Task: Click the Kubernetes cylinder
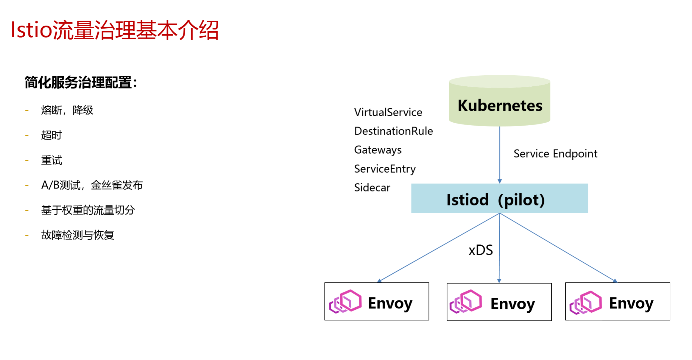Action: [x=500, y=101]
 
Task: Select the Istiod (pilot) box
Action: [x=500, y=198]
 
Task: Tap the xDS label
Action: [x=481, y=250]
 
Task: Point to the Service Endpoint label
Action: [x=555, y=154]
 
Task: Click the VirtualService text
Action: [x=388, y=112]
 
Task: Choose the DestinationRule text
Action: [x=394, y=131]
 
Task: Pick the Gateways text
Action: [x=378, y=150]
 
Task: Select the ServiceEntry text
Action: [x=385, y=169]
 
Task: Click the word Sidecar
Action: [x=372, y=188]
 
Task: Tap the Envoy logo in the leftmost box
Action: [x=345, y=301]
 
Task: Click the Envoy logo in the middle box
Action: [x=466, y=302]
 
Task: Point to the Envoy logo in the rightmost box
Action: [x=586, y=302]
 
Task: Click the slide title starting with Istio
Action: [x=115, y=30]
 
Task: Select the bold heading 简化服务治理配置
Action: [x=81, y=82]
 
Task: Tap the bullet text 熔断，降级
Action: [x=67, y=110]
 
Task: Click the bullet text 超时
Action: [x=52, y=135]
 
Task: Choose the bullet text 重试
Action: [x=52, y=160]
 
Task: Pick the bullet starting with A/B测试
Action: [x=92, y=185]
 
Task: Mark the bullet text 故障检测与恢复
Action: [x=78, y=235]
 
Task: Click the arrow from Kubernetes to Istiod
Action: [x=500, y=155]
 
